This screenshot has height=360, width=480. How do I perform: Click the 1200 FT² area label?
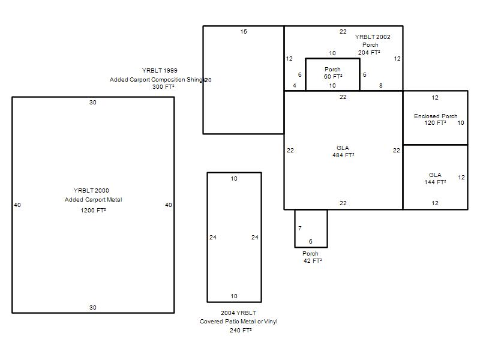pos(93,211)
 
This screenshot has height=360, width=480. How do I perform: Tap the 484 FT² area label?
pos(343,155)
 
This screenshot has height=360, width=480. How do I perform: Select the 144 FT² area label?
pos(435,182)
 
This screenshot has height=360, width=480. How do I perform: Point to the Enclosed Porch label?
pos(436,116)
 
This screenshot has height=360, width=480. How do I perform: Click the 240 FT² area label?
pos(241,331)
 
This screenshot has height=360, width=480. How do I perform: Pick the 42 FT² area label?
pos(313,261)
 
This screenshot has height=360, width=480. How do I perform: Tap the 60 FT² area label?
pos(333,77)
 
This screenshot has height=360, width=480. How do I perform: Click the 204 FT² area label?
pos(369,53)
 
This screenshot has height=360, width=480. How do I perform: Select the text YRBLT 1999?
pos(160,70)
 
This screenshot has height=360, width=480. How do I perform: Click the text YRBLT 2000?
pos(91,190)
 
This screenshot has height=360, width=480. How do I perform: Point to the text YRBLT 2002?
pos(373,37)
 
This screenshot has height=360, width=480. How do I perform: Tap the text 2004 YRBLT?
pos(238,313)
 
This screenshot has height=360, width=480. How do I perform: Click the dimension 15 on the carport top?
pos(244,32)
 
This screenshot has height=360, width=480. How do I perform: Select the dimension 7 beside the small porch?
pos(300,228)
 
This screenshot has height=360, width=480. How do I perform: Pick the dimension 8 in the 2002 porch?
pos(381,86)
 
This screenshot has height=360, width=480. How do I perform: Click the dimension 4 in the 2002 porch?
pos(295,86)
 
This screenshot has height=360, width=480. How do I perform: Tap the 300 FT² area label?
pos(163,87)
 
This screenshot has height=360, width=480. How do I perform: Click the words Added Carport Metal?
pos(93,200)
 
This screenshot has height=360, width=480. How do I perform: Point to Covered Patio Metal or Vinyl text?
pos(238,322)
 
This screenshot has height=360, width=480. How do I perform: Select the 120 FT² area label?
pos(435,123)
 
